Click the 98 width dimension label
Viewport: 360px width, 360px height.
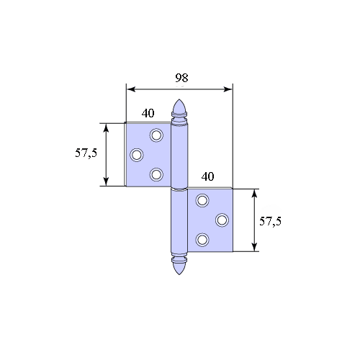click(x=181, y=78)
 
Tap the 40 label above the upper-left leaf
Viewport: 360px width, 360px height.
click(x=148, y=113)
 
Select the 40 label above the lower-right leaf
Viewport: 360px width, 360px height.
click(x=207, y=176)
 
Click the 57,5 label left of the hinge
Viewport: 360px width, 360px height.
click(x=86, y=153)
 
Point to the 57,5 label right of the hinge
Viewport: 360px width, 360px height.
click(x=270, y=221)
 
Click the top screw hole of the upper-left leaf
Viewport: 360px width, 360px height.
click(x=156, y=135)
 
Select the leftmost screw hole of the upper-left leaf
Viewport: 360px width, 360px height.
click(x=137, y=155)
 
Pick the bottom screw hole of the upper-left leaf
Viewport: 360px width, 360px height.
click(x=156, y=174)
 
